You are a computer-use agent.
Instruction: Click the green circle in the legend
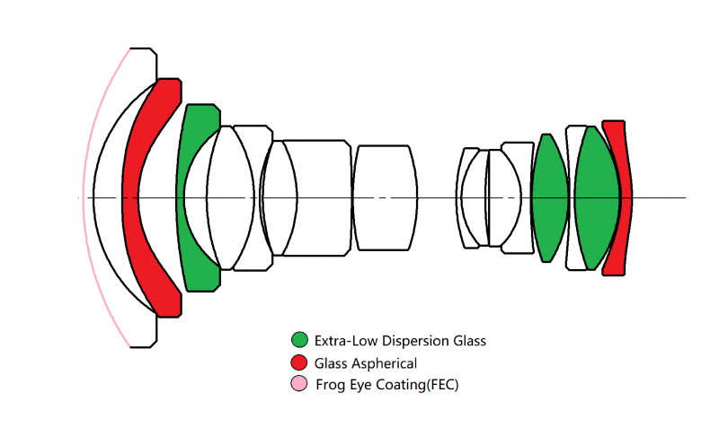[x=299, y=341]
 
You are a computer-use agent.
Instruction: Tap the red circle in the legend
[x=299, y=363]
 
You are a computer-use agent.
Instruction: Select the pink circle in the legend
[x=299, y=385]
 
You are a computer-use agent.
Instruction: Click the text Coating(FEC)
[x=422, y=385]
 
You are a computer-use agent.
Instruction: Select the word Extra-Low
[x=345, y=341]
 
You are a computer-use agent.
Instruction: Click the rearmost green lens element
[x=595, y=197]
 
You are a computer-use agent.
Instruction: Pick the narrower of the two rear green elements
[x=550, y=197]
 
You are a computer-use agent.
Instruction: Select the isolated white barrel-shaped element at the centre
[x=385, y=197]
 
